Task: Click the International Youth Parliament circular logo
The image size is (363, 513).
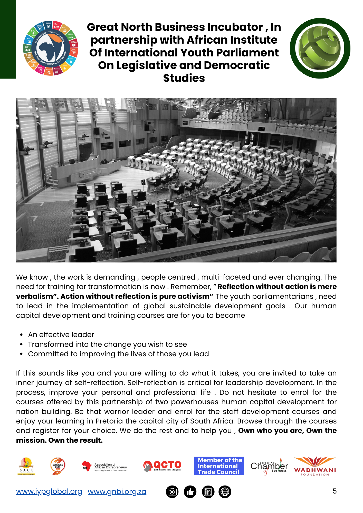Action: coord(51,48)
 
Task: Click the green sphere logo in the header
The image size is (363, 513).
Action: coord(320,48)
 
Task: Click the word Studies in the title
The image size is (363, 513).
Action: coord(184,78)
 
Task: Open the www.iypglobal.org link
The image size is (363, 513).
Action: coord(49,491)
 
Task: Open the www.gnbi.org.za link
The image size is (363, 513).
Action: coord(117,491)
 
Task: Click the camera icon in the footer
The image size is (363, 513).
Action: coord(172,492)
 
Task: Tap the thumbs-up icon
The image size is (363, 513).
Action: coord(190,492)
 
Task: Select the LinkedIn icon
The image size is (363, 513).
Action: coord(208,492)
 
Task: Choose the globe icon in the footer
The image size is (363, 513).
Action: coord(225,492)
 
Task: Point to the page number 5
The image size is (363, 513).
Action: coord(335,491)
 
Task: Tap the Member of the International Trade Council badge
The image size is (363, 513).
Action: coord(219,466)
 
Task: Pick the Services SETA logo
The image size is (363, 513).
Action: coord(58,466)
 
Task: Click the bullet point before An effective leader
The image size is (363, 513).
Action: coord(22,335)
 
